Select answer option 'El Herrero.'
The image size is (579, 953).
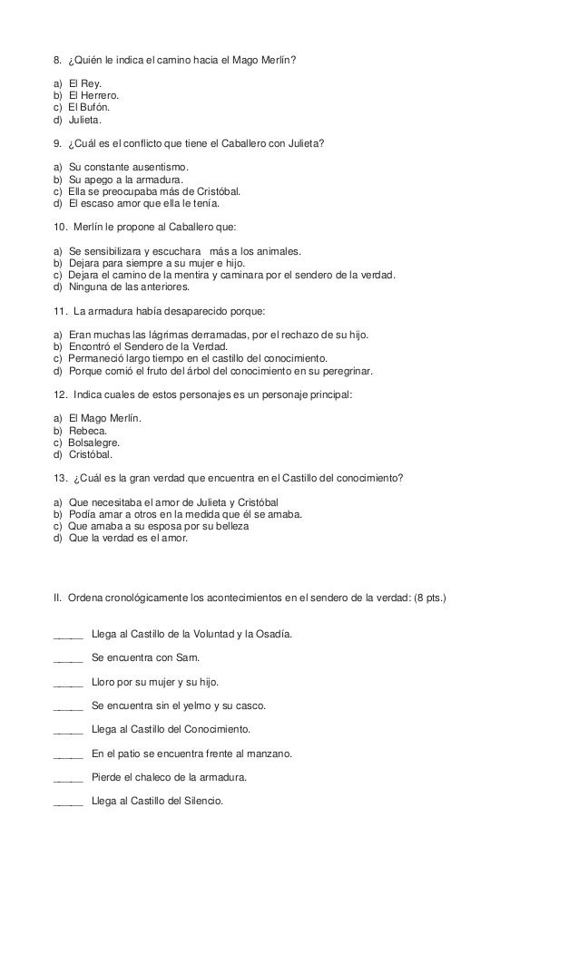click(93, 95)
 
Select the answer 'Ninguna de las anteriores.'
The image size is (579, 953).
click(130, 287)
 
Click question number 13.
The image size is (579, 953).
click(61, 478)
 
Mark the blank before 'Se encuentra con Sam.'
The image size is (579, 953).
click(69, 657)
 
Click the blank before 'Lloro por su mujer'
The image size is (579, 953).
click(69, 682)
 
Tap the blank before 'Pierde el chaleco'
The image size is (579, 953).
click(69, 777)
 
